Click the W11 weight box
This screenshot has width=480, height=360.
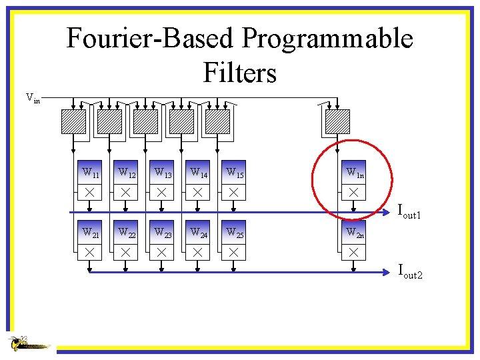click(x=89, y=173)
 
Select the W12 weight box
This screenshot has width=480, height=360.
click(x=125, y=173)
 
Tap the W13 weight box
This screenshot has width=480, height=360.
click(x=161, y=173)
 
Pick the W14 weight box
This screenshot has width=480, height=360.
click(x=197, y=173)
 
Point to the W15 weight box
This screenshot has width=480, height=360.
click(x=233, y=173)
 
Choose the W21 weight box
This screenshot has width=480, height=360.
click(x=89, y=233)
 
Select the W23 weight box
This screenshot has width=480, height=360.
click(x=161, y=233)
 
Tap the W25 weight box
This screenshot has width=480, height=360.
click(x=233, y=233)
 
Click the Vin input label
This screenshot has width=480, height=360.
click(x=33, y=98)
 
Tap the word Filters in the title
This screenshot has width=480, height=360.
click(x=240, y=71)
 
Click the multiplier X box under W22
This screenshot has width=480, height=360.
click(x=125, y=252)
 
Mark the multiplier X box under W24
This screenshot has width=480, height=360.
click(x=197, y=252)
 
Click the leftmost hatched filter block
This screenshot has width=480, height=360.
click(x=74, y=121)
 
